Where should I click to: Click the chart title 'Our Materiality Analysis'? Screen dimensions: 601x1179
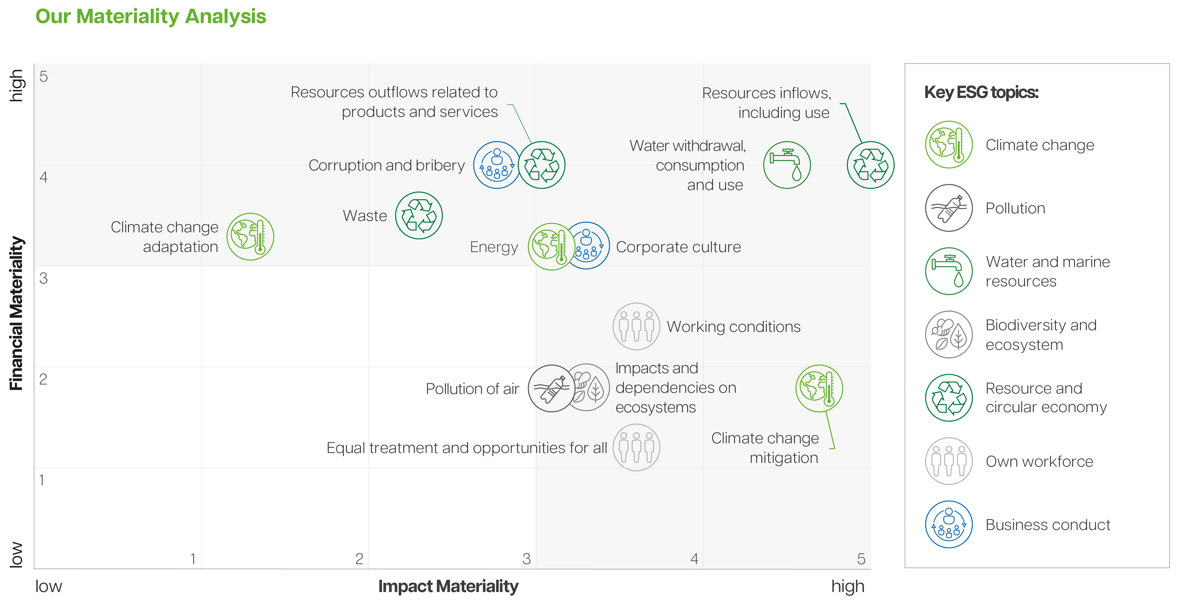click(151, 17)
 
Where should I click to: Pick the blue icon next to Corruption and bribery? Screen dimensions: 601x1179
click(497, 165)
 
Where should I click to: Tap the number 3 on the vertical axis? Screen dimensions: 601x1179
click(43, 278)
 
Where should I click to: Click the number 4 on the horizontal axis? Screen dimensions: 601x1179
click(694, 559)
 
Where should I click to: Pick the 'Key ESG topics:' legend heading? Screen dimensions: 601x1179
click(981, 92)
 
